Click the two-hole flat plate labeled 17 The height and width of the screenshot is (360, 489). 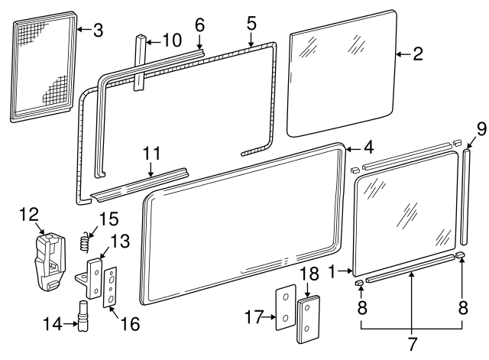click(x=285, y=309)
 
